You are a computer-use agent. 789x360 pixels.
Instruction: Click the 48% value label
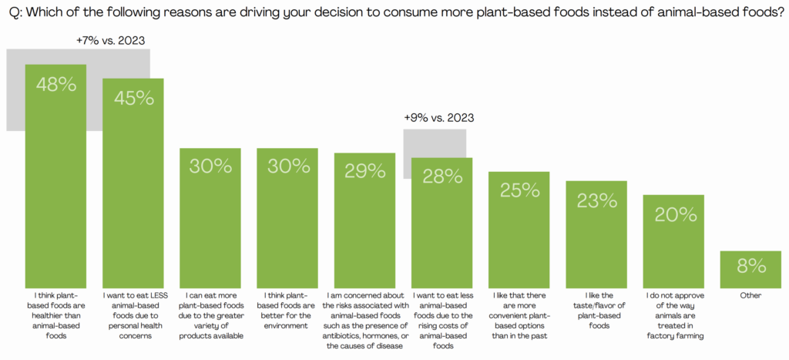click(x=56, y=85)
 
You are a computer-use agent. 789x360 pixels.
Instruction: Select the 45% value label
click(x=133, y=98)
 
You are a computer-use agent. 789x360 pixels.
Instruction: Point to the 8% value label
click(x=750, y=267)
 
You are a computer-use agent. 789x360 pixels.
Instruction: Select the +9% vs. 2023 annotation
click(x=438, y=118)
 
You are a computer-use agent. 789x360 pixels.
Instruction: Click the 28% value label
click(x=442, y=177)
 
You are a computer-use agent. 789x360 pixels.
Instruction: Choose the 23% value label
click(x=596, y=200)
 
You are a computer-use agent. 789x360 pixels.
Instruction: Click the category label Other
click(x=750, y=295)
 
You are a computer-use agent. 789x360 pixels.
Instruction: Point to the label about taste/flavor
click(x=596, y=310)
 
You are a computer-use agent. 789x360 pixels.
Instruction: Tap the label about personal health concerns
click(x=133, y=315)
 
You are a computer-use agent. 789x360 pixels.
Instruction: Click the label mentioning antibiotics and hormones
click(x=364, y=320)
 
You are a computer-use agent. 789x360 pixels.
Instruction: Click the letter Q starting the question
click(x=12, y=13)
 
